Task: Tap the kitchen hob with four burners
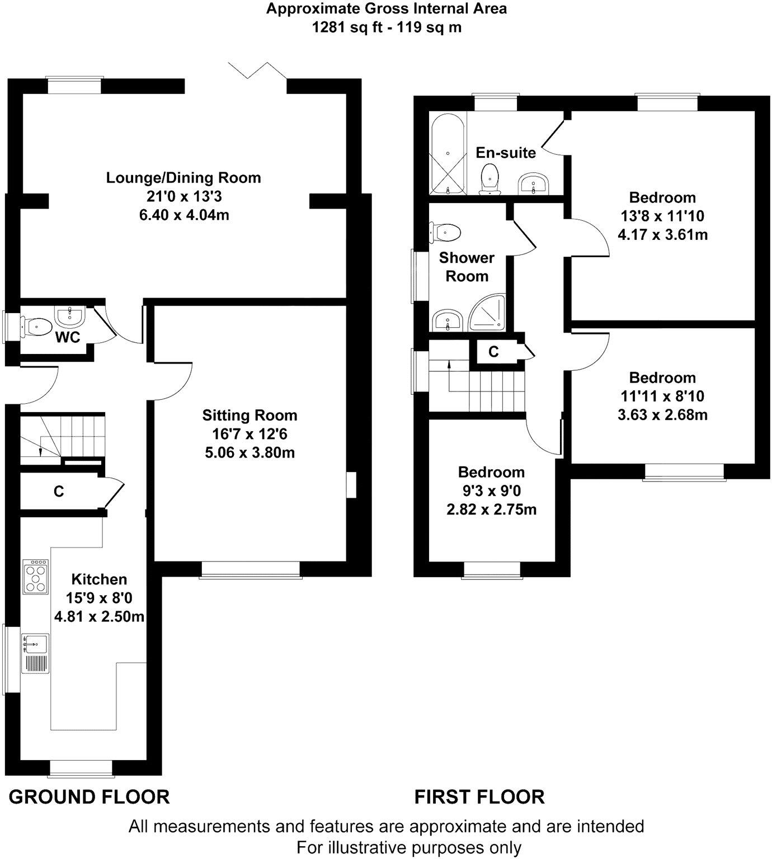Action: (36, 576)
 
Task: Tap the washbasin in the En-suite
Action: (534, 183)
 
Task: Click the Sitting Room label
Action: (250, 415)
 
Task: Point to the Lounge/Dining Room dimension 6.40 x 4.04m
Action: (184, 215)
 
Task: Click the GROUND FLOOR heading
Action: (89, 797)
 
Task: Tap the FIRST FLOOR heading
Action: (479, 797)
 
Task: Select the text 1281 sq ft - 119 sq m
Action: (387, 27)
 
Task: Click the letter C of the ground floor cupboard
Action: (59, 491)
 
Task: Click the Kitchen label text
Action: (99, 579)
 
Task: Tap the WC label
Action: (68, 337)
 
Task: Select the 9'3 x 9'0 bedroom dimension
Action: (492, 490)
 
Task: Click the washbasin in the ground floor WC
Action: (69, 317)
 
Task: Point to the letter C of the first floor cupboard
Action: (493, 352)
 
